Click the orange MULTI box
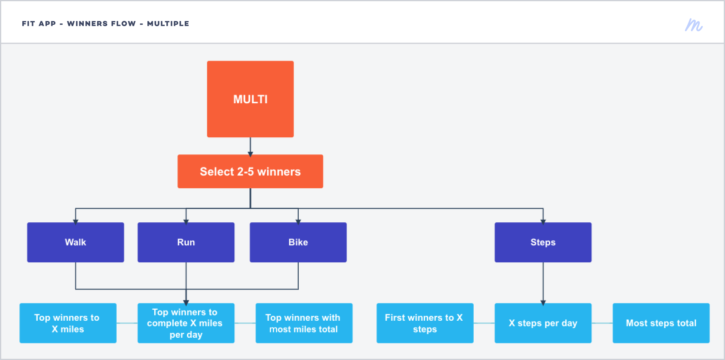point(250,99)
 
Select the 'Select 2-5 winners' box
point(250,171)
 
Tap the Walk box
point(76,242)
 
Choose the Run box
point(186,242)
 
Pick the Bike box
point(298,242)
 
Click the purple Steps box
point(543,242)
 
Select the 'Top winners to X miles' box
point(68,323)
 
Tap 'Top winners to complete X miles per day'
point(186,323)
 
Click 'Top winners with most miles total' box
point(304,323)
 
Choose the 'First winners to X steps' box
point(425,323)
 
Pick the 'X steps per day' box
point(543,323)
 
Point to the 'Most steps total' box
point(661,323)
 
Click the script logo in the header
point(694,25)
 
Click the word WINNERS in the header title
point(101,23)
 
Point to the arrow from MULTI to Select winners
point(250,147)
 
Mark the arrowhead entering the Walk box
point(76,222)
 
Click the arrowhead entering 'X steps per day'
point(543,302)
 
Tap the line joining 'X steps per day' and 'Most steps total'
point(602,323)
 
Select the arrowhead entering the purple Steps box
point(543,222)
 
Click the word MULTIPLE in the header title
point(168,23)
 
